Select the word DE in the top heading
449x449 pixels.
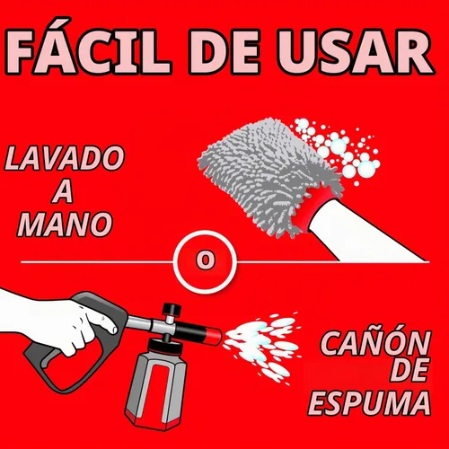(x=224, y=51)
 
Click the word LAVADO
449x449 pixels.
(x=65, y=158)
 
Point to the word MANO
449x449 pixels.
(x=65, y=224)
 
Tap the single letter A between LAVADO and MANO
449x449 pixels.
(x=63, y=191)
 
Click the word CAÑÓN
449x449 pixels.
(x=375, y=343)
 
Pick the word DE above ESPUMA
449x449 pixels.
(x=409, y=371)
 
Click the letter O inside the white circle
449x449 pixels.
(x=206, y=260)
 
